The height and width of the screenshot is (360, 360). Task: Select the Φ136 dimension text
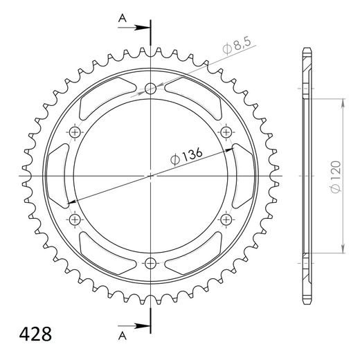186,156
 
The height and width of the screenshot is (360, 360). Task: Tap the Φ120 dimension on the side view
335,174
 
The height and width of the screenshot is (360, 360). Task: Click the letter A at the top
122,21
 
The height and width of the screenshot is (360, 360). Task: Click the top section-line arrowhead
143,28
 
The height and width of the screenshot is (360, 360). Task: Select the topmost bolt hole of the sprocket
151,89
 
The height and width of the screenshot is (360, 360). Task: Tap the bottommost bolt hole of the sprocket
151,262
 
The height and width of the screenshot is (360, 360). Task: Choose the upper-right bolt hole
226,132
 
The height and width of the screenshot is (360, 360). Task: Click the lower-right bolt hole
226,219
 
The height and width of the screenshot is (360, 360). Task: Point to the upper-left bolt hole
75,132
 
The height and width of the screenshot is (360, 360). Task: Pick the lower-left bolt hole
75,219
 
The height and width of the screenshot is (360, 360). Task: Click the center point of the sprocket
151,175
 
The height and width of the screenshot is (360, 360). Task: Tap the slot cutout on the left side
58,175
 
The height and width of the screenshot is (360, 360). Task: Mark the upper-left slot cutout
104,96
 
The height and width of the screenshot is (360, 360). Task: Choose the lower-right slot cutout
197,254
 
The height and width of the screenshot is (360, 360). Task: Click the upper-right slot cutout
197,96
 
